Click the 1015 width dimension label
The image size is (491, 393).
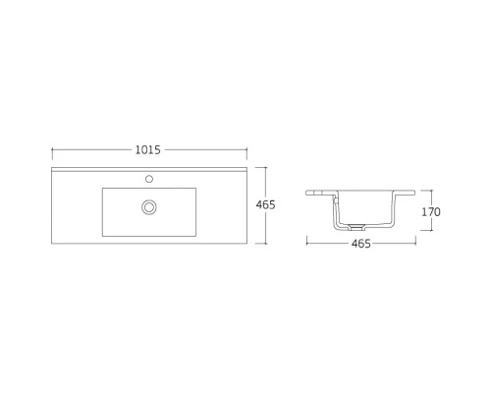pos(147,150)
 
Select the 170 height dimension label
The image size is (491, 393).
pos(432,212)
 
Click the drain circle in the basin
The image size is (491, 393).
pos(149,206)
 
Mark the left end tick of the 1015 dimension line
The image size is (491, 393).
pos(52,150)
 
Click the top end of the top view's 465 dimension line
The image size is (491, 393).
pos(265,168)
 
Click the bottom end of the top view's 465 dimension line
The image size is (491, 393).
pos(265,243)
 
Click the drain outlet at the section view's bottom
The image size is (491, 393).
pos(350,231)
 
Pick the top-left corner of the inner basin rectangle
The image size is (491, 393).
pos(102,188)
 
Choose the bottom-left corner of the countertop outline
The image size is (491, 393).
pos(53,243)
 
